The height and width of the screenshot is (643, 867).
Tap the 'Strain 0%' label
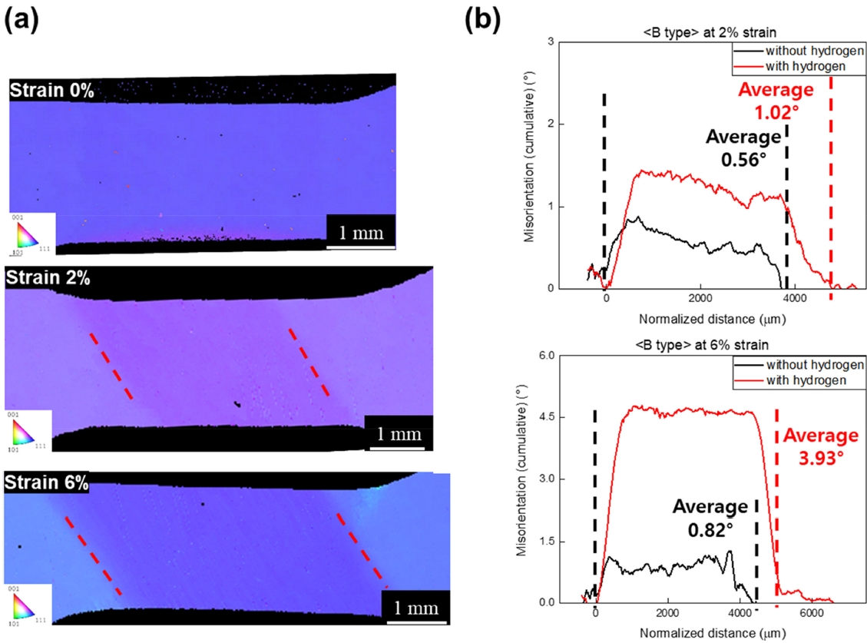click(51, 91)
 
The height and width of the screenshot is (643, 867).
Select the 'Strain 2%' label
click(48, 278)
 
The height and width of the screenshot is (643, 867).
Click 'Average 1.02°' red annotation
click(776, 100)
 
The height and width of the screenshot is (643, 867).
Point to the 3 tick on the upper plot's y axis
click(568, 41)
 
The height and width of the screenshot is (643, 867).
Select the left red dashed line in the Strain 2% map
click(112, 366)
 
